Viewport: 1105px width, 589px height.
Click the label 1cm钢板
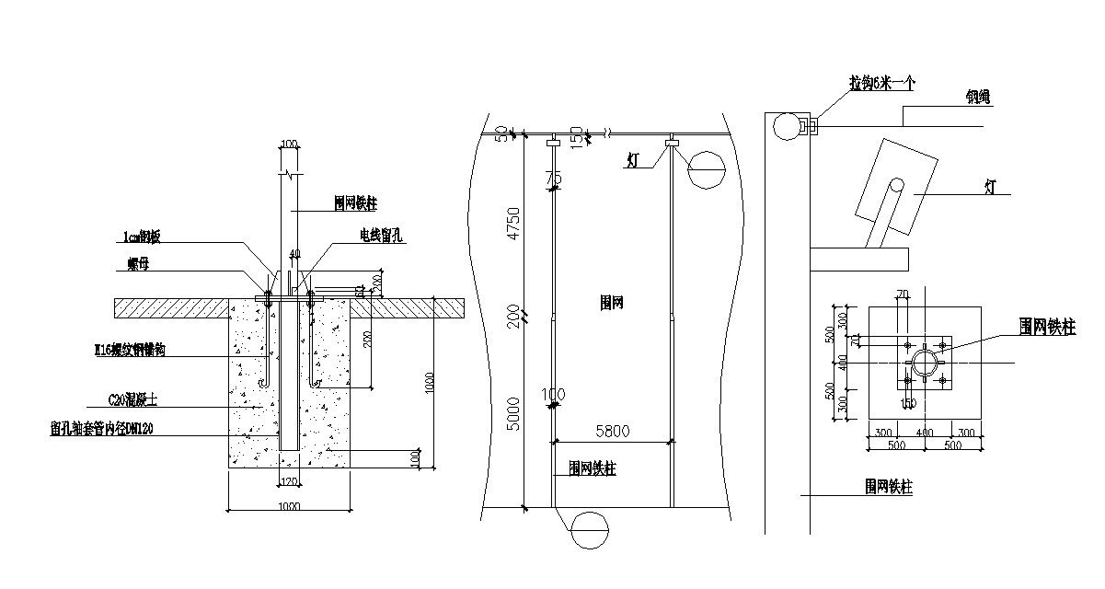142,237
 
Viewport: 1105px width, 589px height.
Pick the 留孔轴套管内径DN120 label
103,429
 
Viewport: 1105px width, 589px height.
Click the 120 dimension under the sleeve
289,481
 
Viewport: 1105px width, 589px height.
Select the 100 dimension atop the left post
289,144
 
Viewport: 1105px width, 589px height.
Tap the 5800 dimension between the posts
612,430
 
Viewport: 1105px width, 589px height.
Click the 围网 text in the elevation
611,303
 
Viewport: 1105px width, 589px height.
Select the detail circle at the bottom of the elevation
590,531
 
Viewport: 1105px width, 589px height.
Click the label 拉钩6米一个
881,82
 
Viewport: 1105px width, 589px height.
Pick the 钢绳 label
977,95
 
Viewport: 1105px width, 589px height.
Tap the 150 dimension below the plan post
908,403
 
